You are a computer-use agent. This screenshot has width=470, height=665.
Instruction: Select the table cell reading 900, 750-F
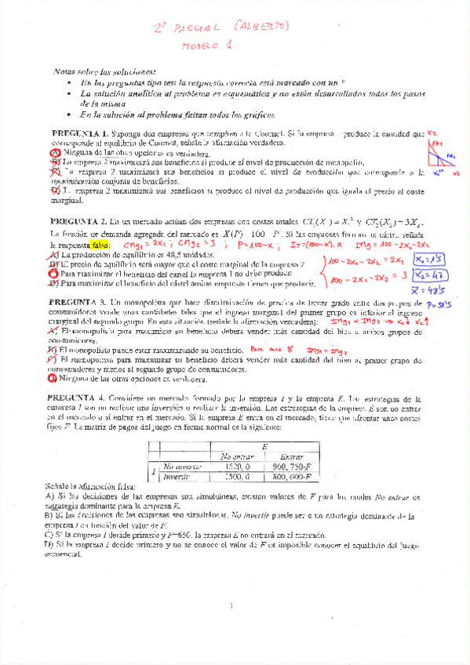[x=291, y=466]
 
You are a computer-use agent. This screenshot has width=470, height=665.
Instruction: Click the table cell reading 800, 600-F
[x=291, y=476]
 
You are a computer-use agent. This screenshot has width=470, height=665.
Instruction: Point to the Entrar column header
[x=291, y=456]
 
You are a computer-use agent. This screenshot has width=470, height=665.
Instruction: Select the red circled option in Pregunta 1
[x=55, y=154]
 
